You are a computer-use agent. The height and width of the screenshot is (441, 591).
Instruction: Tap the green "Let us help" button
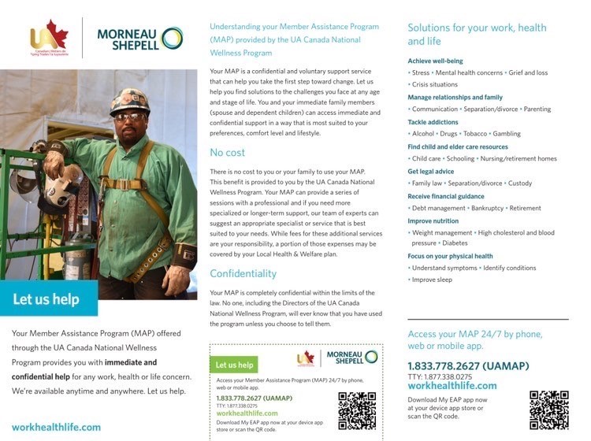tap(235, 365)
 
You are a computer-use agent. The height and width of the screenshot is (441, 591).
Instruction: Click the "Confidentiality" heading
tap(243, 273)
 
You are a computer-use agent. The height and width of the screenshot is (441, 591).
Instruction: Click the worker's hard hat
tap(129, 100)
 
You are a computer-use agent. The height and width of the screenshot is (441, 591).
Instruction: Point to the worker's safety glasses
tap(130, 116)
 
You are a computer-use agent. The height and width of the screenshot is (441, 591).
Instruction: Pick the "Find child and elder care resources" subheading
tap(458, 146)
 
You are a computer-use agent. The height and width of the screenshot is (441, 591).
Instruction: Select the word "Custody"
tap(519, 183)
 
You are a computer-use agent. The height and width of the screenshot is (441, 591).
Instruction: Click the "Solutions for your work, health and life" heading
tap(477, 34)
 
